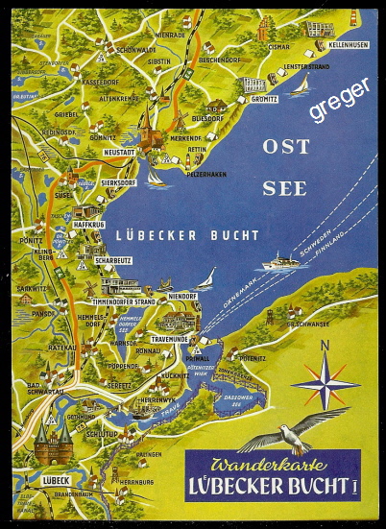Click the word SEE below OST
[284, 188]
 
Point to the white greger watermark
[338, 99]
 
